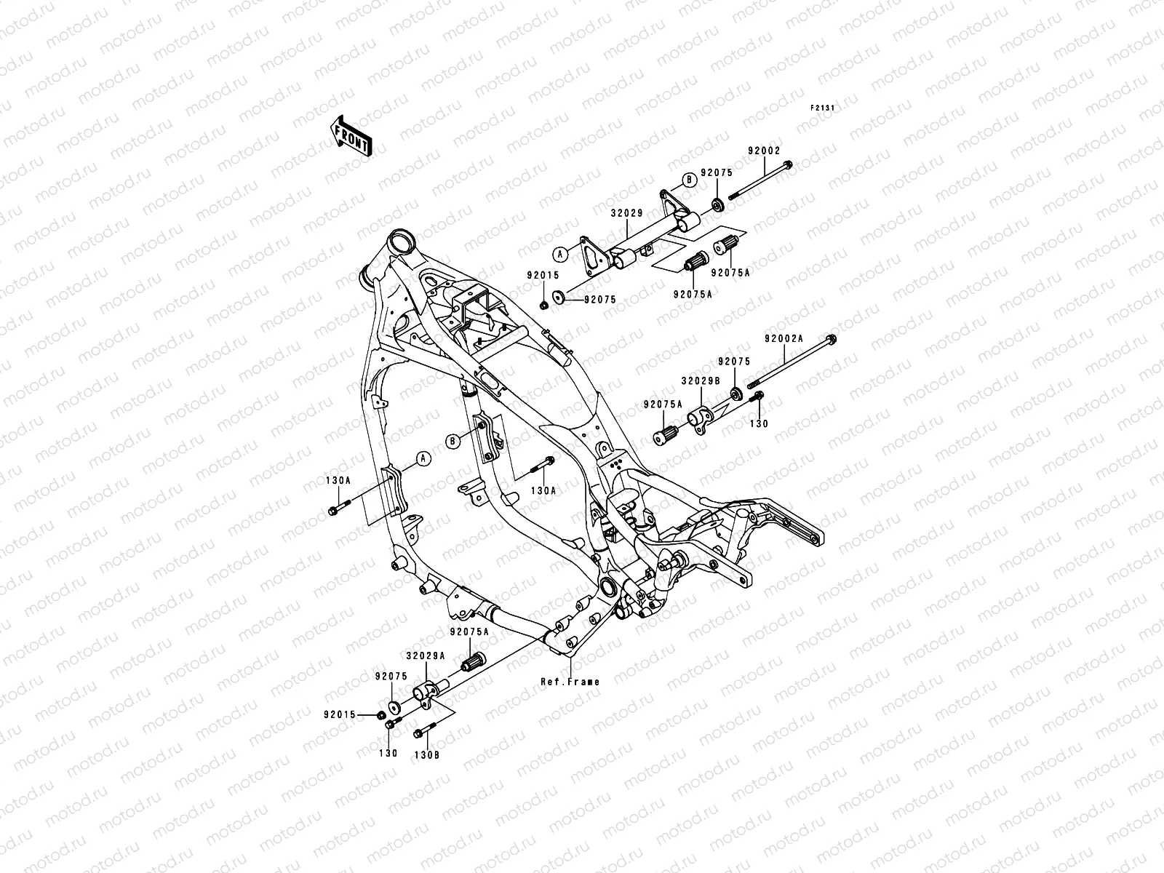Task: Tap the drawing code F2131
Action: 823,108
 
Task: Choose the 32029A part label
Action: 426,655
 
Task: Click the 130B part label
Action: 428,754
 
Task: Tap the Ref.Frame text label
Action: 570,682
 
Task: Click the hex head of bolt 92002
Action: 789,166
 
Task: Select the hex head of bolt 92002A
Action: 832,339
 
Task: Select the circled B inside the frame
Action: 453,440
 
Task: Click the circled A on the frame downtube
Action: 421,458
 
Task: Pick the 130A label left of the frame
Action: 338,481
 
